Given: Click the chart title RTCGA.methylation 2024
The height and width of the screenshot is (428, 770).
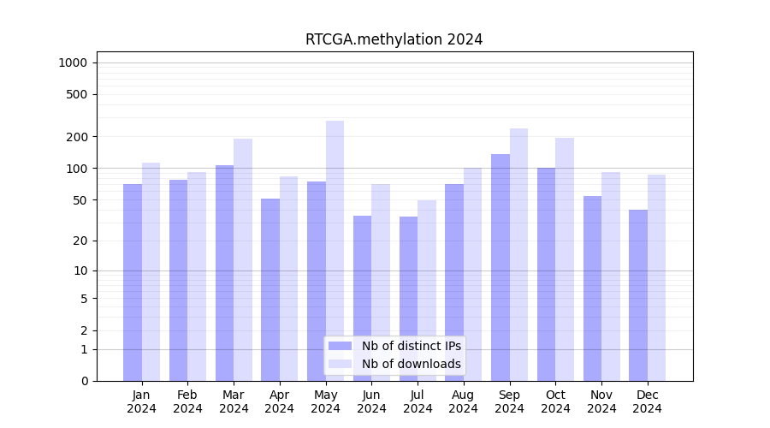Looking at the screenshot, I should (394, 39).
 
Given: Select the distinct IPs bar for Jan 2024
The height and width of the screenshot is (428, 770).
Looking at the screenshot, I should (133, 282).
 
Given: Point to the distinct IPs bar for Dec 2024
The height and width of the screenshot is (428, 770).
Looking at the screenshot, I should (638, 295).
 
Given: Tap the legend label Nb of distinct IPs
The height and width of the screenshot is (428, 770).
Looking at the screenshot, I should (411, 346).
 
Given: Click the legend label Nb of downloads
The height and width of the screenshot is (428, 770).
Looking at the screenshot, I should (411, 364).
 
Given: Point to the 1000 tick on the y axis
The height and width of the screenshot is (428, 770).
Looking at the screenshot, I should (73, 62).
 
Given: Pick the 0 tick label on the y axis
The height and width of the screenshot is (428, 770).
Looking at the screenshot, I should (85, 381).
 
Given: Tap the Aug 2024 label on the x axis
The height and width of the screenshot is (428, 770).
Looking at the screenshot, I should (464, 401).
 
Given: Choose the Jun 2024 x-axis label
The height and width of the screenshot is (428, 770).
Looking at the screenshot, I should (371, 401).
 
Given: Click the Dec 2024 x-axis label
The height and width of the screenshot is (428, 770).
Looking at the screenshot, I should (648, 401).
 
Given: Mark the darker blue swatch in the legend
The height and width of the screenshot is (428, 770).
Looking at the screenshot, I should (340, 346).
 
